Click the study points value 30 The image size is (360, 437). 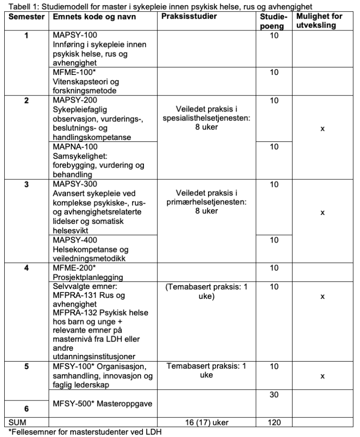(x=274, y=394)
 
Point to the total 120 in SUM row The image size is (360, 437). (x=274, y=422)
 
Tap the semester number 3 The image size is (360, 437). (x=26, y=184)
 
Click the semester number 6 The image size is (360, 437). (x=26, y=408)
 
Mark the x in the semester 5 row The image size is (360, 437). (x=322, y=376)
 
